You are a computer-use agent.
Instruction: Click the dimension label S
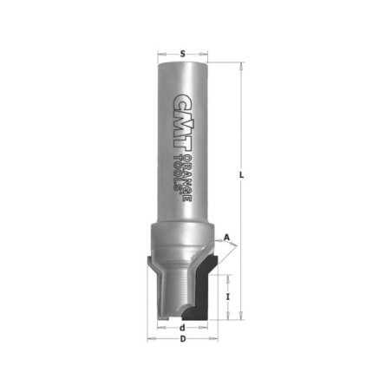(x=182, y=54)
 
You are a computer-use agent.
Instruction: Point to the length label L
(x=242, y=175)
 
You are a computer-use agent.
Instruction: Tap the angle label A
(x=227, y=238)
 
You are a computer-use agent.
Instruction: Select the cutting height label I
(x=228, y=297)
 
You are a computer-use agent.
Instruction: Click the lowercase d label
(x=182, y=328)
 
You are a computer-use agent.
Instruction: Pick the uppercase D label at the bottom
(x=183, y=339)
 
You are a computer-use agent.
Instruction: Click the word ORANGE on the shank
(x=187, y=179)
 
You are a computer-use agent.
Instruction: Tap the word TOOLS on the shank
(x=177, y=173)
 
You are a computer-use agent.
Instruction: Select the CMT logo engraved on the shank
(x=183, y=122)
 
